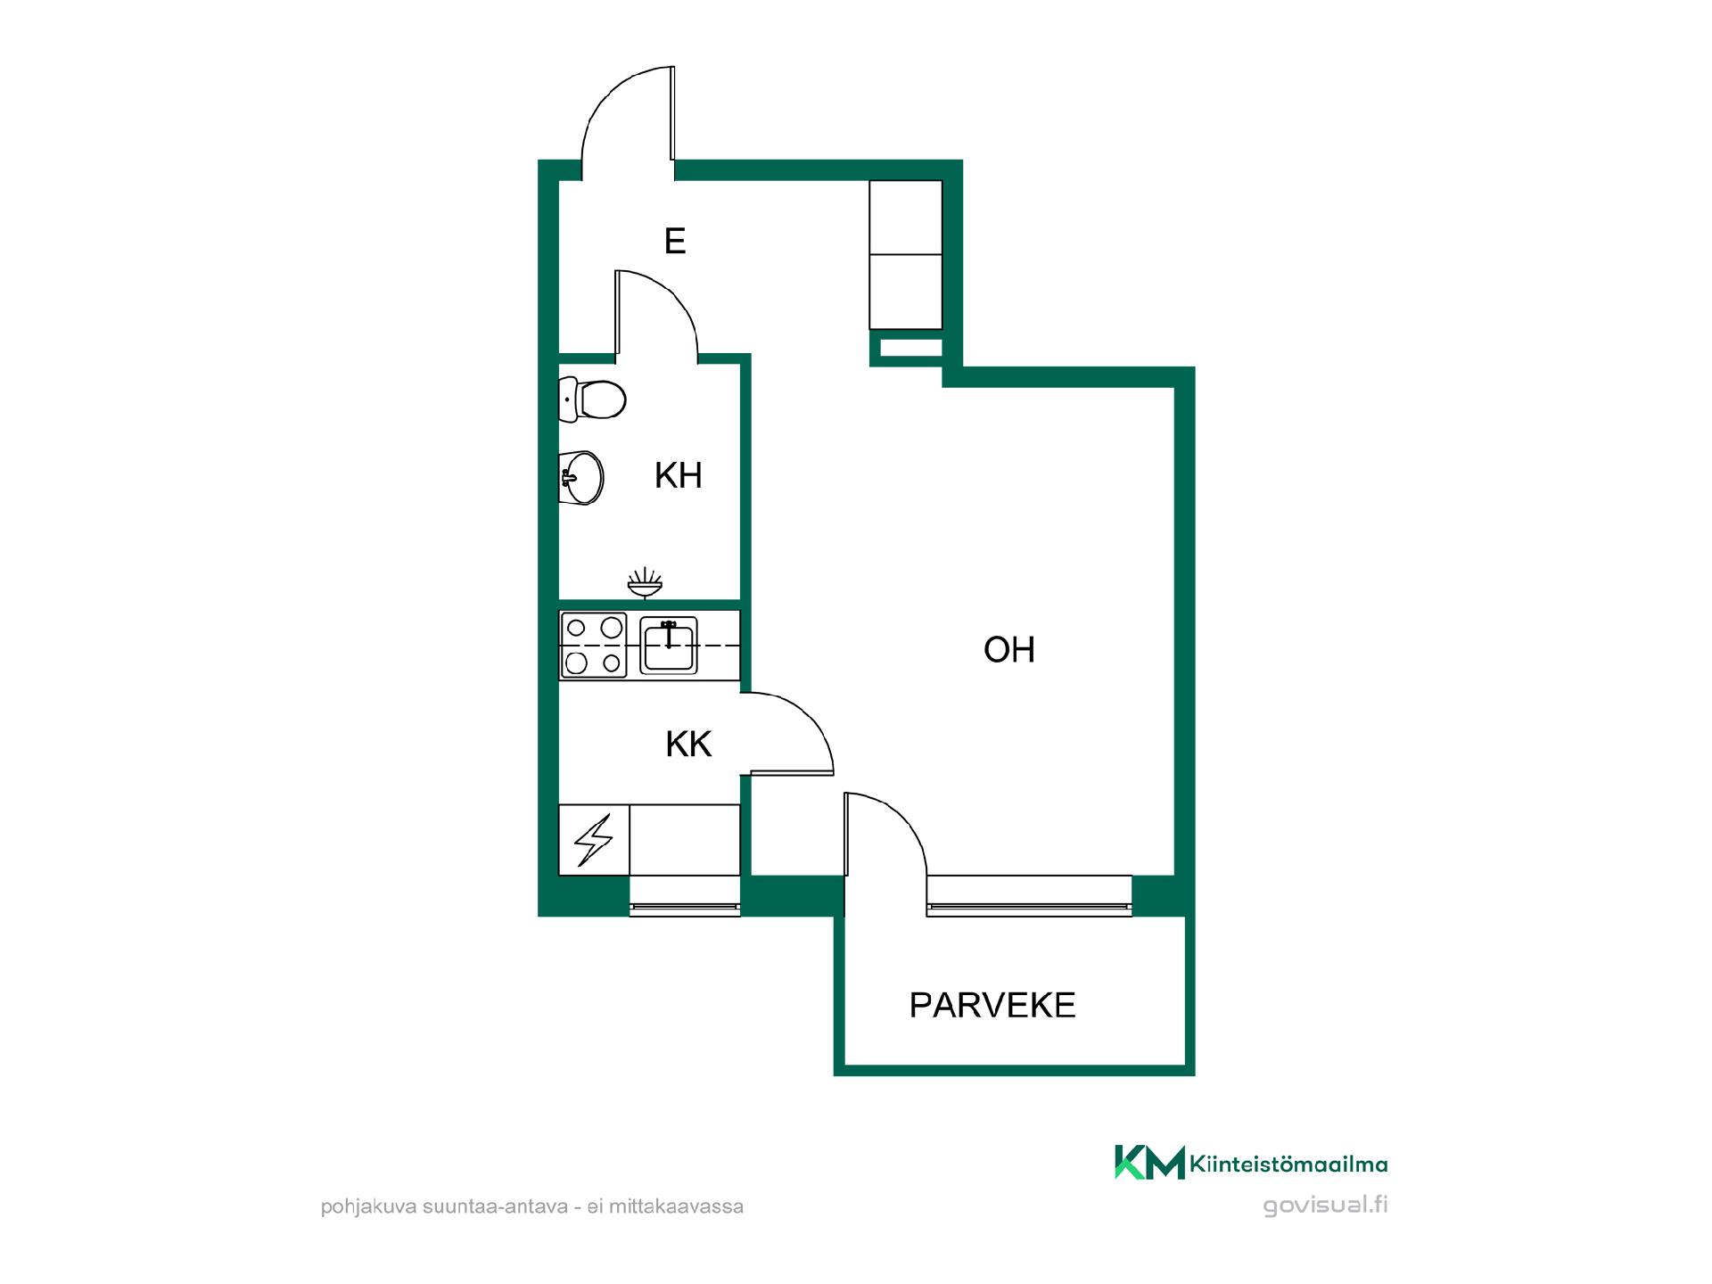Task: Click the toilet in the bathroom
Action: click(592, 399)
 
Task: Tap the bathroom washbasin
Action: click(581, 478)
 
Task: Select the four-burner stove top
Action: click(593, 645)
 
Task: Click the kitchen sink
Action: click(669, 645)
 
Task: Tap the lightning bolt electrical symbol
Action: click(594, 840)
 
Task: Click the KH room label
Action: click(679, 476)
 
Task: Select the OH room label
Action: click(1009, 650)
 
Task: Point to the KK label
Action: click(688, 744)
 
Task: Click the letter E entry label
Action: click(675, 241)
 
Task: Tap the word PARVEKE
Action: click(992, 1005)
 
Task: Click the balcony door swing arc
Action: click(904, 817)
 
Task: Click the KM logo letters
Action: click(1149, 1163)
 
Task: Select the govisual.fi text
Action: click(1325, 1205)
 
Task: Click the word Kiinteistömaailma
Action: click(1288, 1164)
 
